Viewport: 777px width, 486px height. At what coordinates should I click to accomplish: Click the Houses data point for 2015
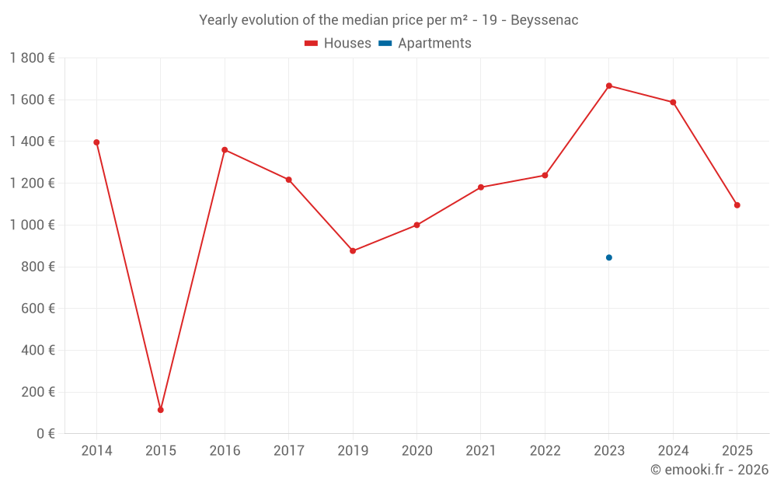tap(161, 410)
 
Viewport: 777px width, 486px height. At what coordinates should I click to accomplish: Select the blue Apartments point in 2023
tap(609, 257)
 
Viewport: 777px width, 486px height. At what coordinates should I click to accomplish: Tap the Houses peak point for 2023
tap(609, 86)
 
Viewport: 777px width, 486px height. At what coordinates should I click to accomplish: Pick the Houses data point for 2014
tap(96, 142)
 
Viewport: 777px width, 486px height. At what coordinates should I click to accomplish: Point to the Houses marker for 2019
tap(353, 251)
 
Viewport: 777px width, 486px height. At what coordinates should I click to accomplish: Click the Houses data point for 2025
tap(737, 205)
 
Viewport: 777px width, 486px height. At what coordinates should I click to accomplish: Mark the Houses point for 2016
tap(225, 150)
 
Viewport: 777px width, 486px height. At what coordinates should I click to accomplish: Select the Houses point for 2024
tap(673, 103)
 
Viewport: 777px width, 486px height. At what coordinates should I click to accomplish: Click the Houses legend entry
tap(338, 44)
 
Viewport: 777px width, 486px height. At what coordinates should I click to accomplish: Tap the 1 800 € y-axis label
tap(32, 58)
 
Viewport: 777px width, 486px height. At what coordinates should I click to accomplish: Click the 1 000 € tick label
tap(32, 225)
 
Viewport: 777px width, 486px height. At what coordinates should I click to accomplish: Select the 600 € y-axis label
tap(37, 309)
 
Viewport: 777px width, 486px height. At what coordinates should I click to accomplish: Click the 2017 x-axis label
tap(289, 451)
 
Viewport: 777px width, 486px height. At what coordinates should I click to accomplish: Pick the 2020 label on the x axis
tap(417, 451)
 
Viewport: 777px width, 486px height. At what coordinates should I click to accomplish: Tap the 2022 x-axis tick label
tap(545, 451)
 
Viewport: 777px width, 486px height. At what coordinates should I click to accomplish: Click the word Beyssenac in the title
tap(544, 20)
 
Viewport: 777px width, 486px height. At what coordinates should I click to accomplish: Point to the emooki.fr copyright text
tap(709, 470)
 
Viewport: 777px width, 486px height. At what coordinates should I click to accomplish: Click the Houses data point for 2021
tap(481, 187)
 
